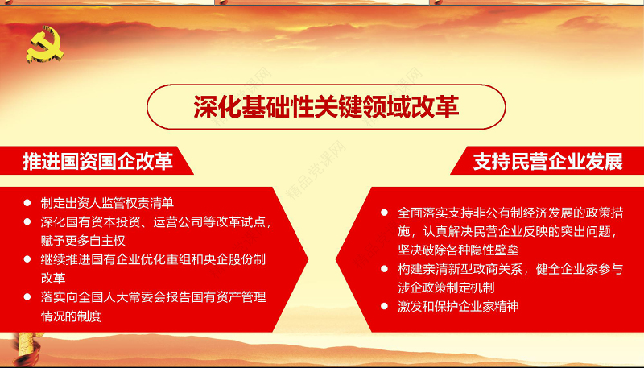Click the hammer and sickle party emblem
45,47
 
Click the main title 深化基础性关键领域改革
326,108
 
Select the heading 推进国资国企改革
97,162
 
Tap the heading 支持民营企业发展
547,162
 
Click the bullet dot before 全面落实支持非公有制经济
385,213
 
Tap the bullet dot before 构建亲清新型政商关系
385,270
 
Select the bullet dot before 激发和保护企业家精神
385,307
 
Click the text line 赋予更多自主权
84,240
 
